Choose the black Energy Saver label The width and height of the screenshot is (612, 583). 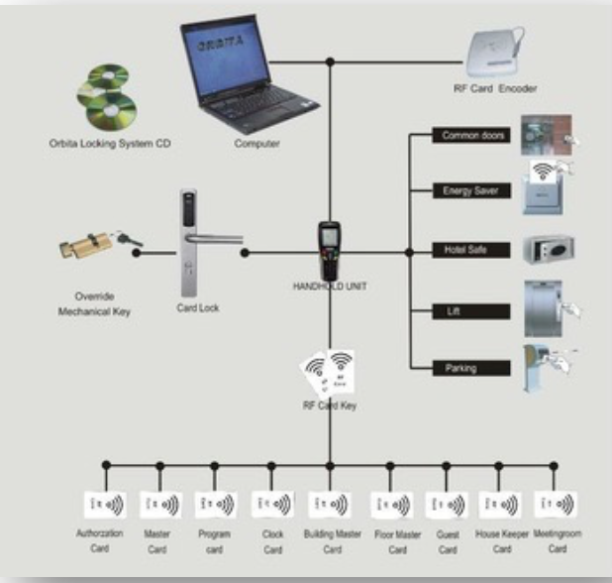[471, 190]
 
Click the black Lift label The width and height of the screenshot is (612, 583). [471, 311]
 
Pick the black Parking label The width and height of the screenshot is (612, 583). [471, 368]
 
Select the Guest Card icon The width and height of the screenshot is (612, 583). [447, 506]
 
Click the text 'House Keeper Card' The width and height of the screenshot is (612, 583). [502, 541]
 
